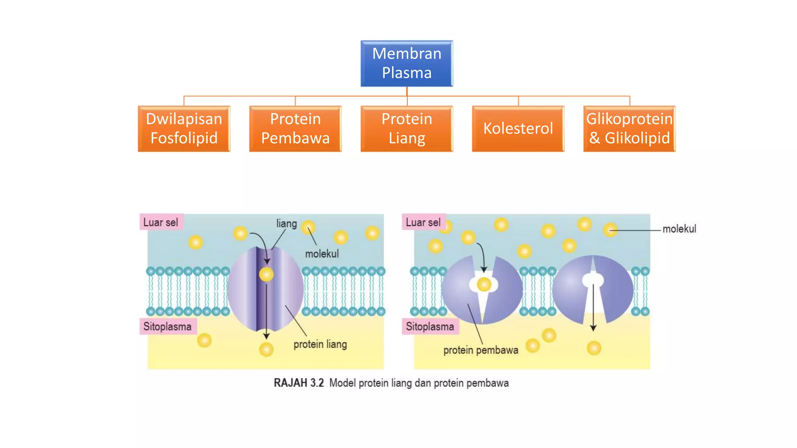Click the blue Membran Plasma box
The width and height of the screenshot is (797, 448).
(x=407, y=63)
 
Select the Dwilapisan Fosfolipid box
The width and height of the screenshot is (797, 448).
(x=184, y=129)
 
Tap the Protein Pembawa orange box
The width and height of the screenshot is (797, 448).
(x=295, y=129)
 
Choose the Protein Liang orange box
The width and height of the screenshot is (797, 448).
(x=407, y=129)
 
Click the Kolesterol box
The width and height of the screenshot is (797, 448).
(x=518, y=129)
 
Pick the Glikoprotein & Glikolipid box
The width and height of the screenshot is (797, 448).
(x=629, y=129)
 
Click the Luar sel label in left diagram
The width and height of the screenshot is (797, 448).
(x=161, y=222)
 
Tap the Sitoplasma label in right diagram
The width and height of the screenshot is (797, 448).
(x=430, y=326)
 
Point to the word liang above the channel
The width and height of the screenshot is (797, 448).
(x=286, y=224)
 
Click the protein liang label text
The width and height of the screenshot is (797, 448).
(x=320, y=344)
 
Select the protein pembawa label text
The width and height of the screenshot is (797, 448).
(x=481, y=350)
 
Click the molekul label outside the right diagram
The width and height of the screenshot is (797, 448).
(x=679, y=229)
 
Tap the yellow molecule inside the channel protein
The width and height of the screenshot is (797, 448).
(x=266, y=275)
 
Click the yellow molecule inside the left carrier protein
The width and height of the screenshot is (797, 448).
(x=484, y=285)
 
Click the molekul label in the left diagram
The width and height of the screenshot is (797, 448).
(x=322, y=254)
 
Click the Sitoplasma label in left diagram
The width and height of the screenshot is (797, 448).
(x=167, y=326)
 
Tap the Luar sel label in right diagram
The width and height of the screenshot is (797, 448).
(x=423, y=222)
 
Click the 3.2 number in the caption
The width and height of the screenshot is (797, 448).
(x=317, y=383)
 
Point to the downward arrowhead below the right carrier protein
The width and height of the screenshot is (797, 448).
(x=593, y=328)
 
